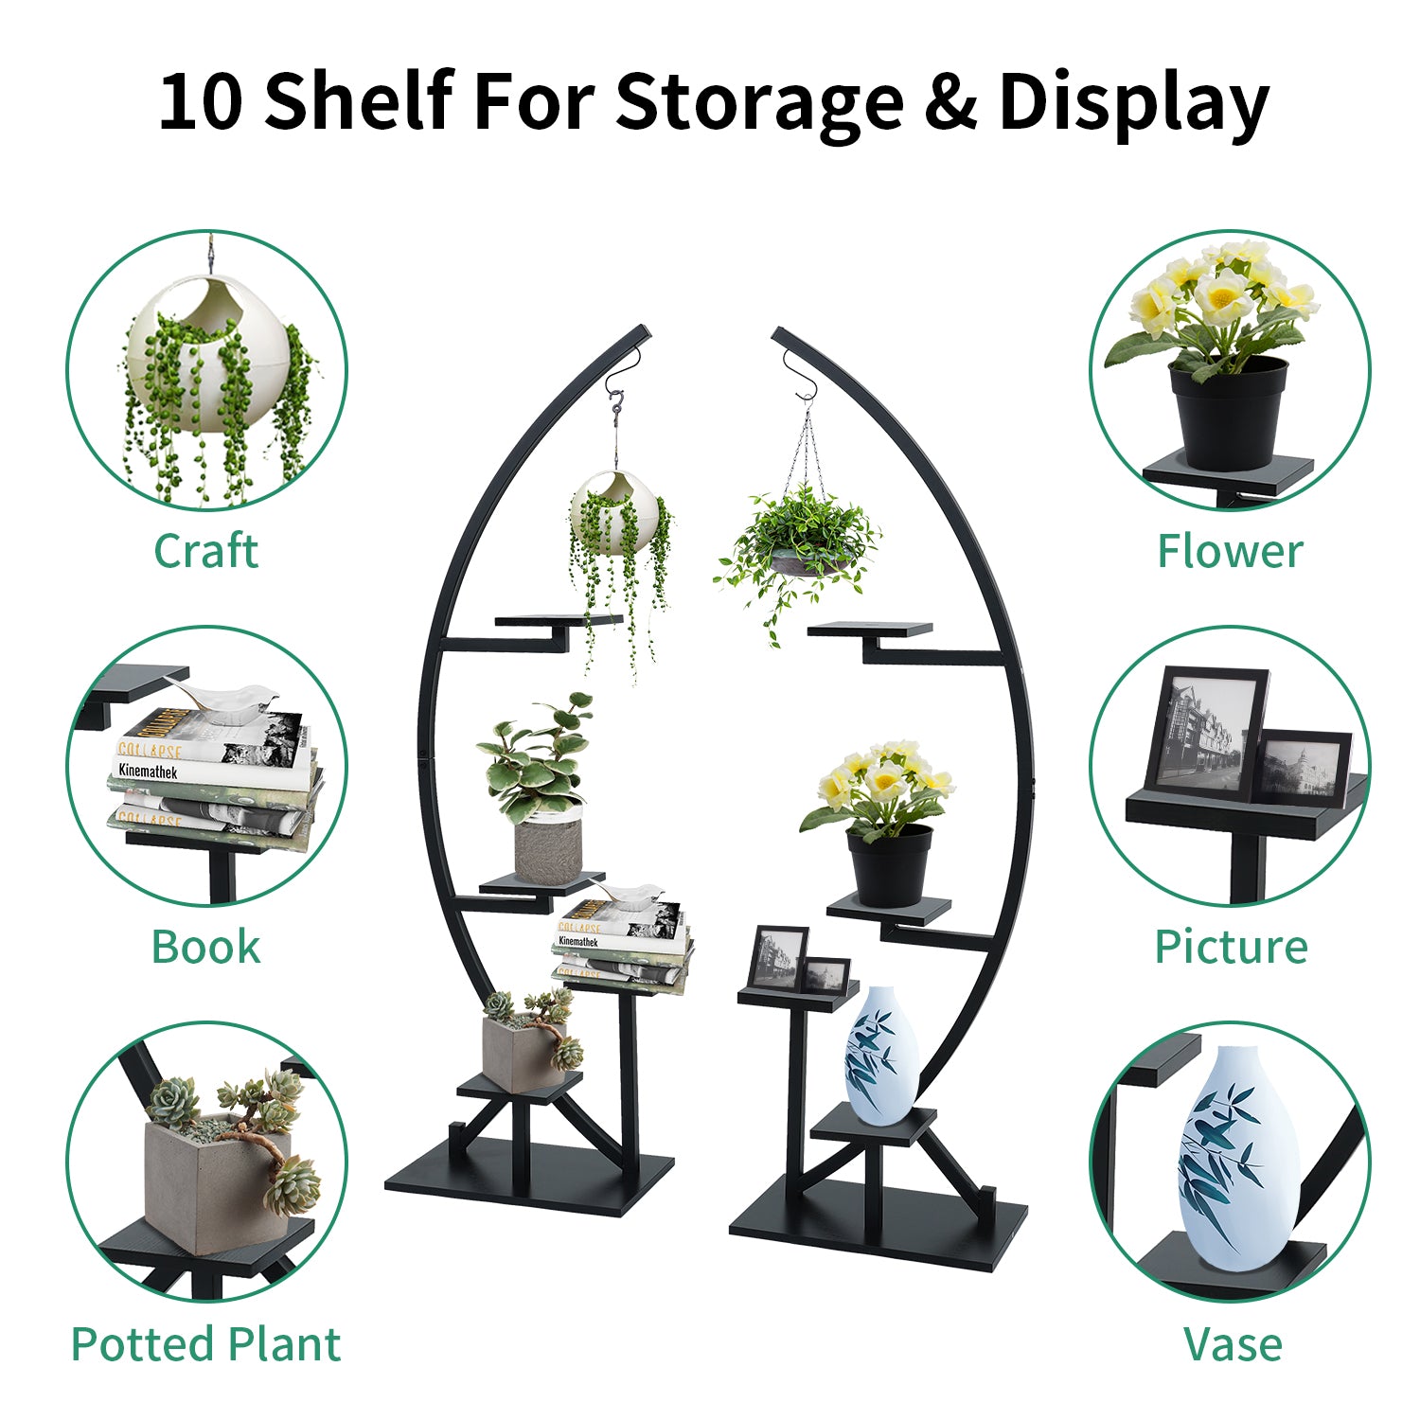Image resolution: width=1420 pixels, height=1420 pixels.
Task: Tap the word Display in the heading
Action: [1133, 102]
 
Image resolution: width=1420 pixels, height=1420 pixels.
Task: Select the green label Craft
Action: [205, 551]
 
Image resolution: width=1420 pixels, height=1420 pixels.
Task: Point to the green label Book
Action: [205, 947]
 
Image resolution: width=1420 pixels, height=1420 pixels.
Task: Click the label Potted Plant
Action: [205, 1344]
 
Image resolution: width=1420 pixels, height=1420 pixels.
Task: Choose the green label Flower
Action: [1230, 551]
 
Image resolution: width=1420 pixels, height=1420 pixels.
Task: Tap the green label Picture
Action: [1231, 947]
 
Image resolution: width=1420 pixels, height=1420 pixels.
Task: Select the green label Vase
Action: [1233, 1344]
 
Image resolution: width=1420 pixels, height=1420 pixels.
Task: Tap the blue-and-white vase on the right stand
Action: [880, 1055]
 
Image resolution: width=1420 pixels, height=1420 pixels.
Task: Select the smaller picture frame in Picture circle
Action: [1304, 768]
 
